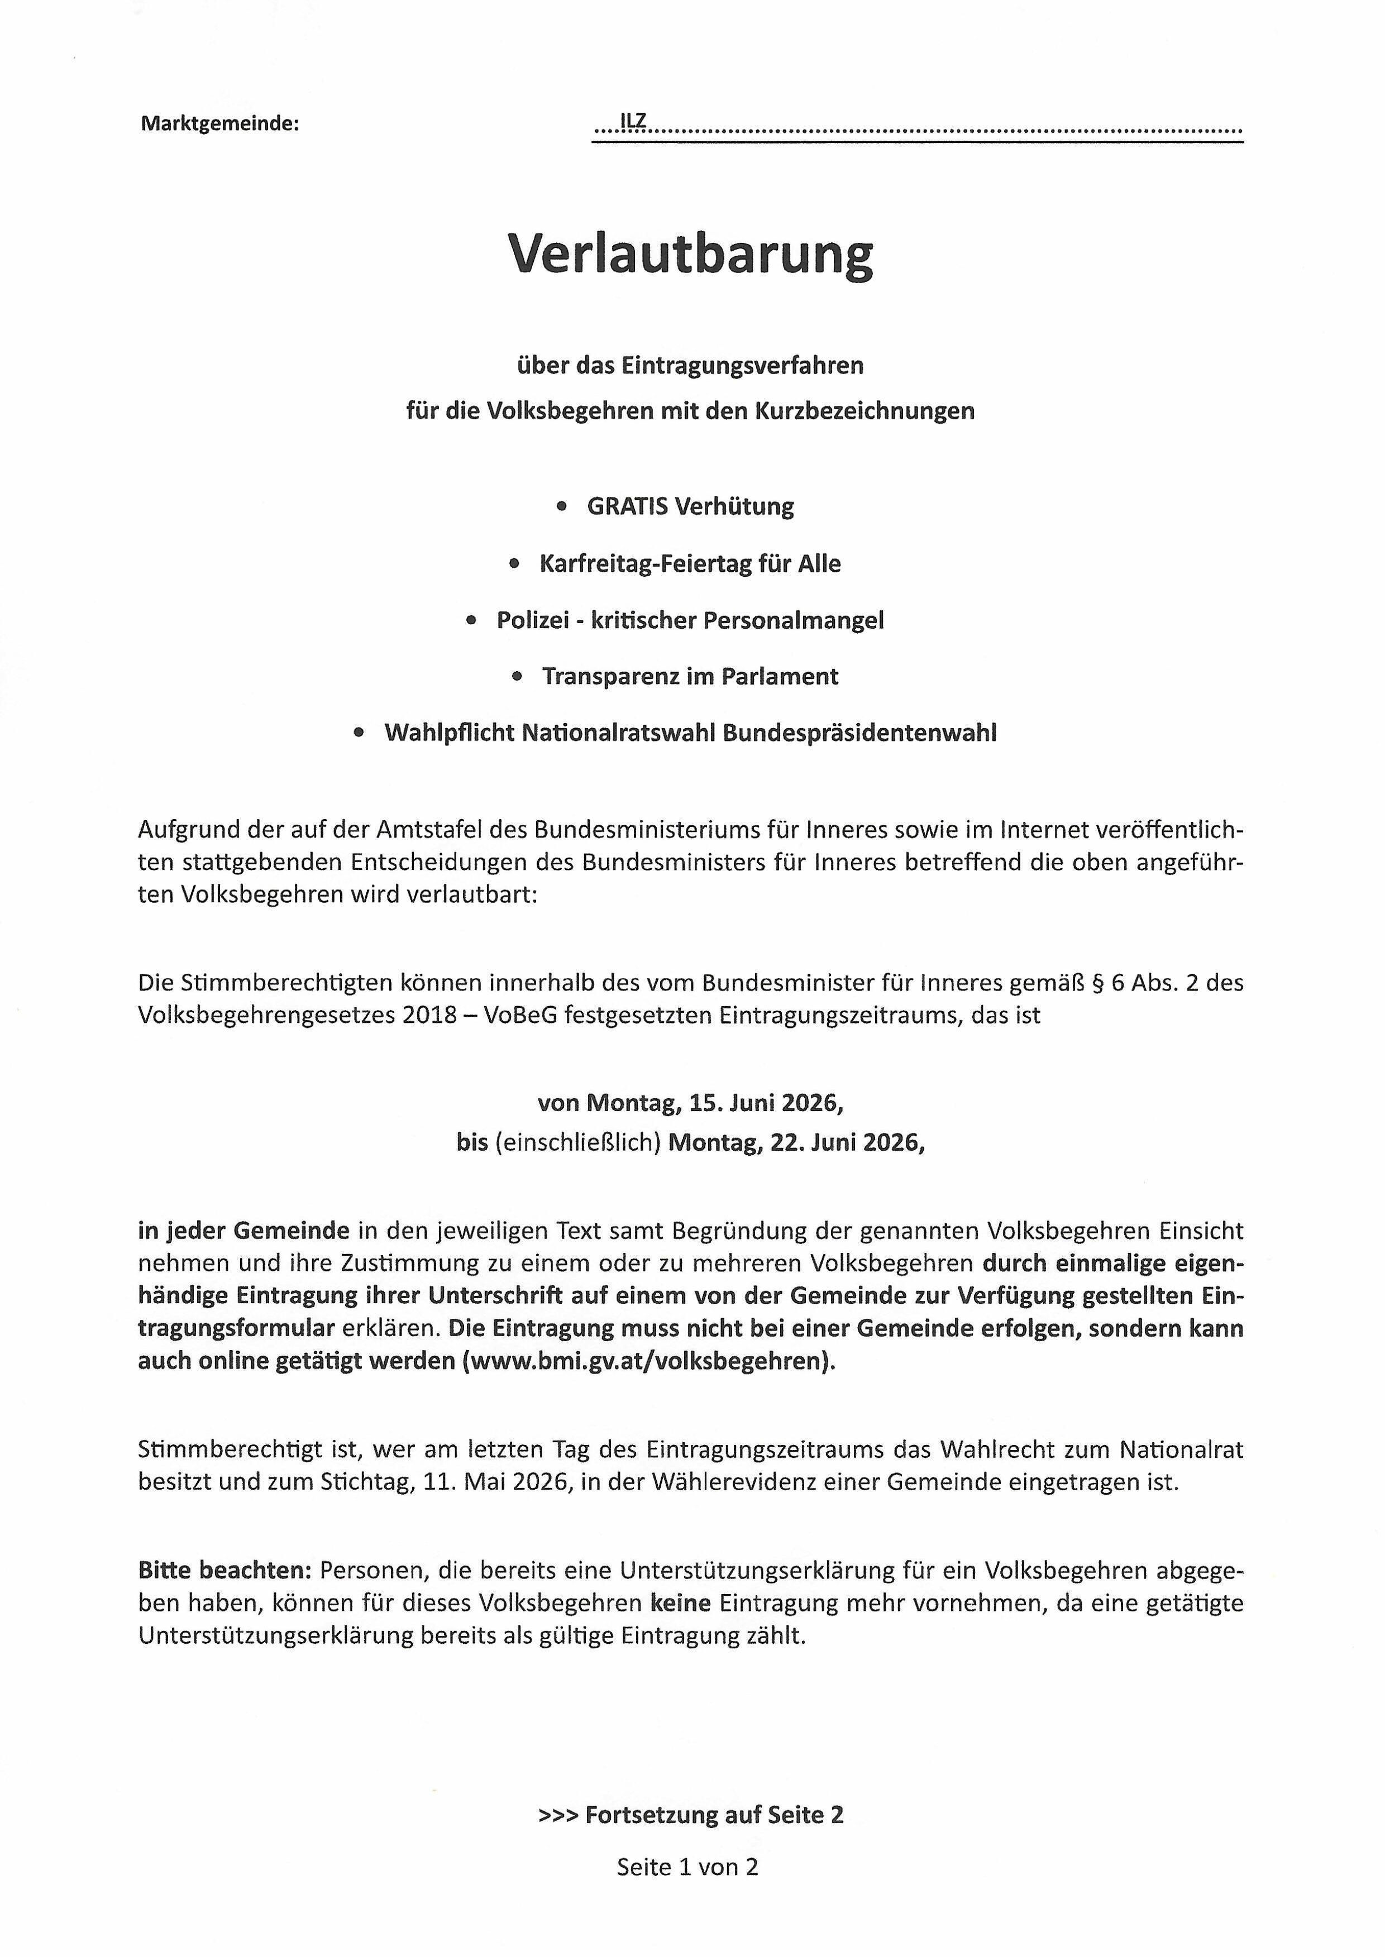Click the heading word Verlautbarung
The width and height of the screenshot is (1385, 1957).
coord(691,254)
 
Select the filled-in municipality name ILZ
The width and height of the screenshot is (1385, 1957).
coord(634,122)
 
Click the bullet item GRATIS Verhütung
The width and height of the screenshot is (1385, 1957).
coord(690,506)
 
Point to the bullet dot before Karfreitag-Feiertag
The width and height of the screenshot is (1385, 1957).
coord(513,564)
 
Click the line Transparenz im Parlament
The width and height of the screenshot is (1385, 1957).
coord(690,676)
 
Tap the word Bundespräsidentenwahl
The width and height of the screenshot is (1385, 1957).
coord(859,733)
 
